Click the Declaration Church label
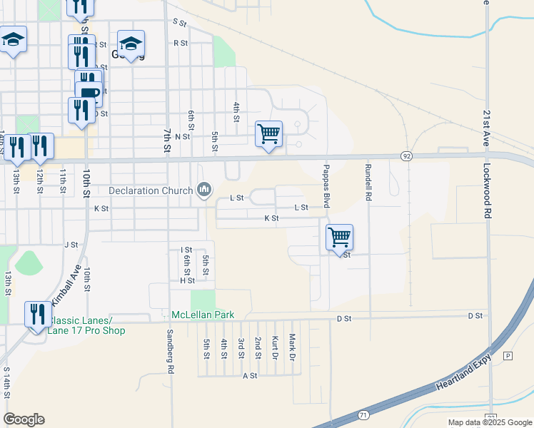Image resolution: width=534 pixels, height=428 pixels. (151, 190)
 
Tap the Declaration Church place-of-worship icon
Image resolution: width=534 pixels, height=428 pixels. (205, 190)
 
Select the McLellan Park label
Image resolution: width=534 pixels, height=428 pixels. (203, 315)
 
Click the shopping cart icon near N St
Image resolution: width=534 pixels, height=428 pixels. (268, 133)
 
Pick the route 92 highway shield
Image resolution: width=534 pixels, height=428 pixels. (406, 156)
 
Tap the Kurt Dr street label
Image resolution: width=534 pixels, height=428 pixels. (275, 347)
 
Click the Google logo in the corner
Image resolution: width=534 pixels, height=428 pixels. (24, 419)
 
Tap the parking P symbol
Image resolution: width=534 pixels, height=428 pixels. (508, 356)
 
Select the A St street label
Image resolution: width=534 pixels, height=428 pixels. (250, 375)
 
